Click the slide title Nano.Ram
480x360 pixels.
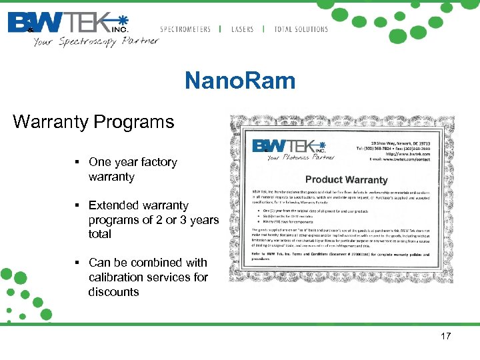(x=240, y=81)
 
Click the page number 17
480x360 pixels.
(x=446, y=337)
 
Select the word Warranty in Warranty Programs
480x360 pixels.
(x=51, y=123)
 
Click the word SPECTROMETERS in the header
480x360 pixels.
(x=185, y=29)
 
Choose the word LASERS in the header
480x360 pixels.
(x=243, y=29)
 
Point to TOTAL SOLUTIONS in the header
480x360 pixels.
(x=301, y=29)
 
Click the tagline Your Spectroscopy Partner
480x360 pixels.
(x=96, y=41)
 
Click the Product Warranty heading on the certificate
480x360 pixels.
(x=346, y=180)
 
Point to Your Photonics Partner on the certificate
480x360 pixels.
(x=300, y=158)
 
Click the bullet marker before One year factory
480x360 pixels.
(x=78, y=162)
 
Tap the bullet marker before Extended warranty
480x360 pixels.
(x=78, y=205)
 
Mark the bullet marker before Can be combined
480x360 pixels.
(x=78, y=263)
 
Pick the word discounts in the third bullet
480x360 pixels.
(x=113, y=292)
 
